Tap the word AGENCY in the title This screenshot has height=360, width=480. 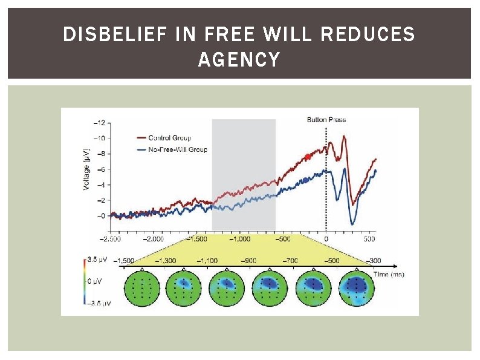point(239,60)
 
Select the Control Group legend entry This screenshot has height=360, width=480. point(170,138)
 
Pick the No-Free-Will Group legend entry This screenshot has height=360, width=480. point(178,149)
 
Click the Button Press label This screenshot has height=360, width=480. point(326,120)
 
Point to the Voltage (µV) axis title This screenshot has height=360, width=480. point(86,169)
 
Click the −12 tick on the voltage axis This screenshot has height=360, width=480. point(99,123)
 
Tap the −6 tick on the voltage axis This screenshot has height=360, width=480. point(100,169)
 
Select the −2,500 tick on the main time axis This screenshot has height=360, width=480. point(110,238)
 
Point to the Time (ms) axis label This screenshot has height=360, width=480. point(389,274)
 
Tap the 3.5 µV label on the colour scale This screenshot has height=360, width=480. point(97,260)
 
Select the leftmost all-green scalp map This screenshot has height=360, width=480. point(142,288)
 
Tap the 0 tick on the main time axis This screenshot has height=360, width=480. point(326,238)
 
